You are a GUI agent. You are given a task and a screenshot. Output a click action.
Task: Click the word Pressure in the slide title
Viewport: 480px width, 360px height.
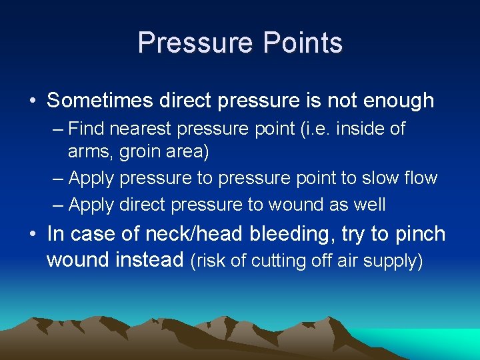196,43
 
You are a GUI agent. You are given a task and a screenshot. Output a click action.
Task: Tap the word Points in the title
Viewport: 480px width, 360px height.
303,43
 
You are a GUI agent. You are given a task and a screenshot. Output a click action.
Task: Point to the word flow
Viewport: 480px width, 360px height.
420,178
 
